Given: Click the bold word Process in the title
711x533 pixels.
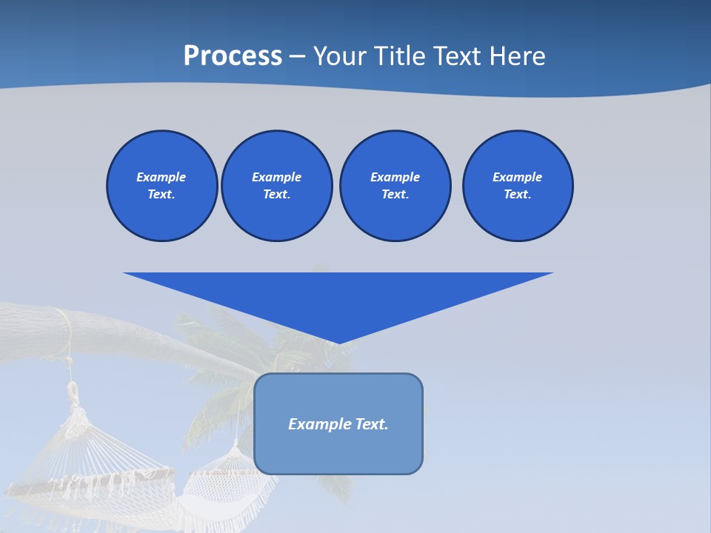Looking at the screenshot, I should [233, 56].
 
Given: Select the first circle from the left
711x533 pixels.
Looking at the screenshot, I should [161, 186].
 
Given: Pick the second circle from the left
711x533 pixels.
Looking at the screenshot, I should [276, 186].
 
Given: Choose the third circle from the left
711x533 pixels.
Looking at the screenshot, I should [395, 186].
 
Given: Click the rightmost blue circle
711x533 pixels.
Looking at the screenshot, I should [518, 186].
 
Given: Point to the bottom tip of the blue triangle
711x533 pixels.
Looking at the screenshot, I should [338, 343].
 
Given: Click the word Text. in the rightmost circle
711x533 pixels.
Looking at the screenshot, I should [518, 195].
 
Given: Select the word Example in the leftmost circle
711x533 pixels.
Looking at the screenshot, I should [161, 177].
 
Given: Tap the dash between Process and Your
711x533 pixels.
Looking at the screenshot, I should [298, 57].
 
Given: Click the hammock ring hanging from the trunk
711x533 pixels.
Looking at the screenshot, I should [73, 389].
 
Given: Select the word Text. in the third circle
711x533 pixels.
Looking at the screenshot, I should [395, 195].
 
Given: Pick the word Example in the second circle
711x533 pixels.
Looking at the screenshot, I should [276, 177].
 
